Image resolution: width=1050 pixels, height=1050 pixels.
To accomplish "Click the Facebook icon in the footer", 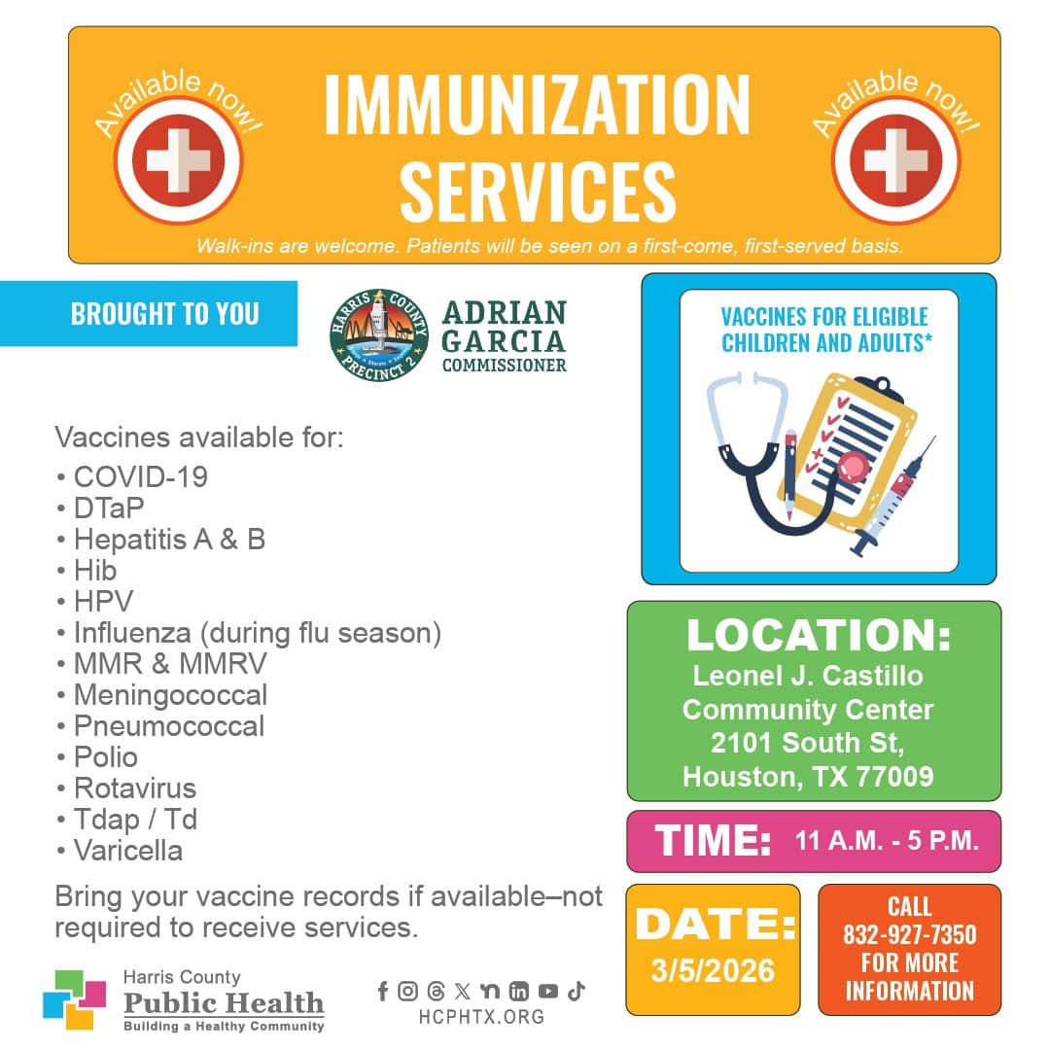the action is [x=383, y=991].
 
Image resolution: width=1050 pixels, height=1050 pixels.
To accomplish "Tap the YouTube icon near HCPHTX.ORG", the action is [x=547, y=991].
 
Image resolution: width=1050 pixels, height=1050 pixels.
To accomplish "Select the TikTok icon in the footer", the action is [x=576, y=991].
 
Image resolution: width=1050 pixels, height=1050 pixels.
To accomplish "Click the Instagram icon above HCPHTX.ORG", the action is [x=407, y=991].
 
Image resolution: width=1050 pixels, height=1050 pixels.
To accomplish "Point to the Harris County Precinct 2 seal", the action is [x=379, y=335].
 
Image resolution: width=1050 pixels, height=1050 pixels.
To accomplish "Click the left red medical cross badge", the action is [x=178, y=160].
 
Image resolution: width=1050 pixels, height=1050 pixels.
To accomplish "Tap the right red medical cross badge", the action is [x=896, y=160].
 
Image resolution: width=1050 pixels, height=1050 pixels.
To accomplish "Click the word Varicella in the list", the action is [x=128, y=851].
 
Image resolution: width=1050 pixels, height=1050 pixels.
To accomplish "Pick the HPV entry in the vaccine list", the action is [x=104, y=602].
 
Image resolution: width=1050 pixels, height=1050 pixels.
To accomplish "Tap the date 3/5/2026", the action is [x=713, y=971].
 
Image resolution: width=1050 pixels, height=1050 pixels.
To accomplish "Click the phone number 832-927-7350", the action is [x=909, y=935].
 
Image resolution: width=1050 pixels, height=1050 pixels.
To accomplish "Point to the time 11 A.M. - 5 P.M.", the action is [x=887, y=840].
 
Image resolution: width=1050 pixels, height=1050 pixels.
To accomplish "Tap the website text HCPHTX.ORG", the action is [x=481, y=1017].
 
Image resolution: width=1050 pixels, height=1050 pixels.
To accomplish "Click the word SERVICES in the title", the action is [x=538, y=192].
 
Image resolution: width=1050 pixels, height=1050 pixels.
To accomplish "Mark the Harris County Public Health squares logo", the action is [x=74, y=999].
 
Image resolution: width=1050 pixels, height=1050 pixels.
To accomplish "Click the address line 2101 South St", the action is [x=808, y=744].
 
